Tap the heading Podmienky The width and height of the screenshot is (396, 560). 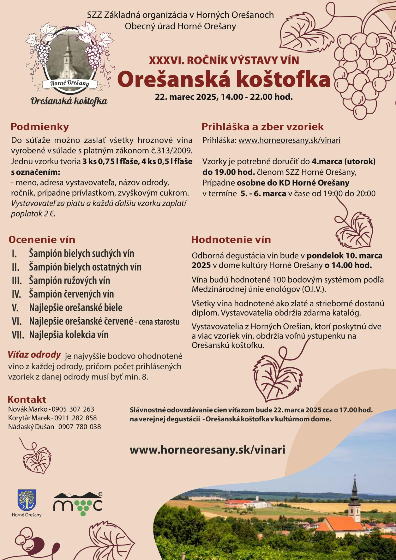[x=39, y=127]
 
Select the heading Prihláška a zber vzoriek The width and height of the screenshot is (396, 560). [x=262, y=127]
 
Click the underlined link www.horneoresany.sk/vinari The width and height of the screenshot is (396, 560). [x=289, y=140]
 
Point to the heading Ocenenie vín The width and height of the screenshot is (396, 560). [x=42, y=240]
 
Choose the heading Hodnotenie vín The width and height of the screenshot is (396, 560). [x=231, y=240]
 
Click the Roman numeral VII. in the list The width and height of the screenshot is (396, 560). [x=18, y=335]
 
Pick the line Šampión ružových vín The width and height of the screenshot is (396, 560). [x=69, y=281]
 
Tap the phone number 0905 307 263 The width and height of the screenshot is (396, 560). [x=73, y=409]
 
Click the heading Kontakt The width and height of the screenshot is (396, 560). [x=27, y=399]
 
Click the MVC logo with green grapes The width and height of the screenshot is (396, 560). [x=78, y=504]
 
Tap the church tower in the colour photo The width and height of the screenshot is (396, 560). [x=355, y=501]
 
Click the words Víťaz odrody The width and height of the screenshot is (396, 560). [x=34, y=355]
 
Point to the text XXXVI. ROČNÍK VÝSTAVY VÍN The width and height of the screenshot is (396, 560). [x=224, y=60]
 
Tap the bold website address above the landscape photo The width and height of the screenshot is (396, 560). [x=207, y=450]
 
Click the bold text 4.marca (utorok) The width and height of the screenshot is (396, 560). [x=344, y=162]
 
